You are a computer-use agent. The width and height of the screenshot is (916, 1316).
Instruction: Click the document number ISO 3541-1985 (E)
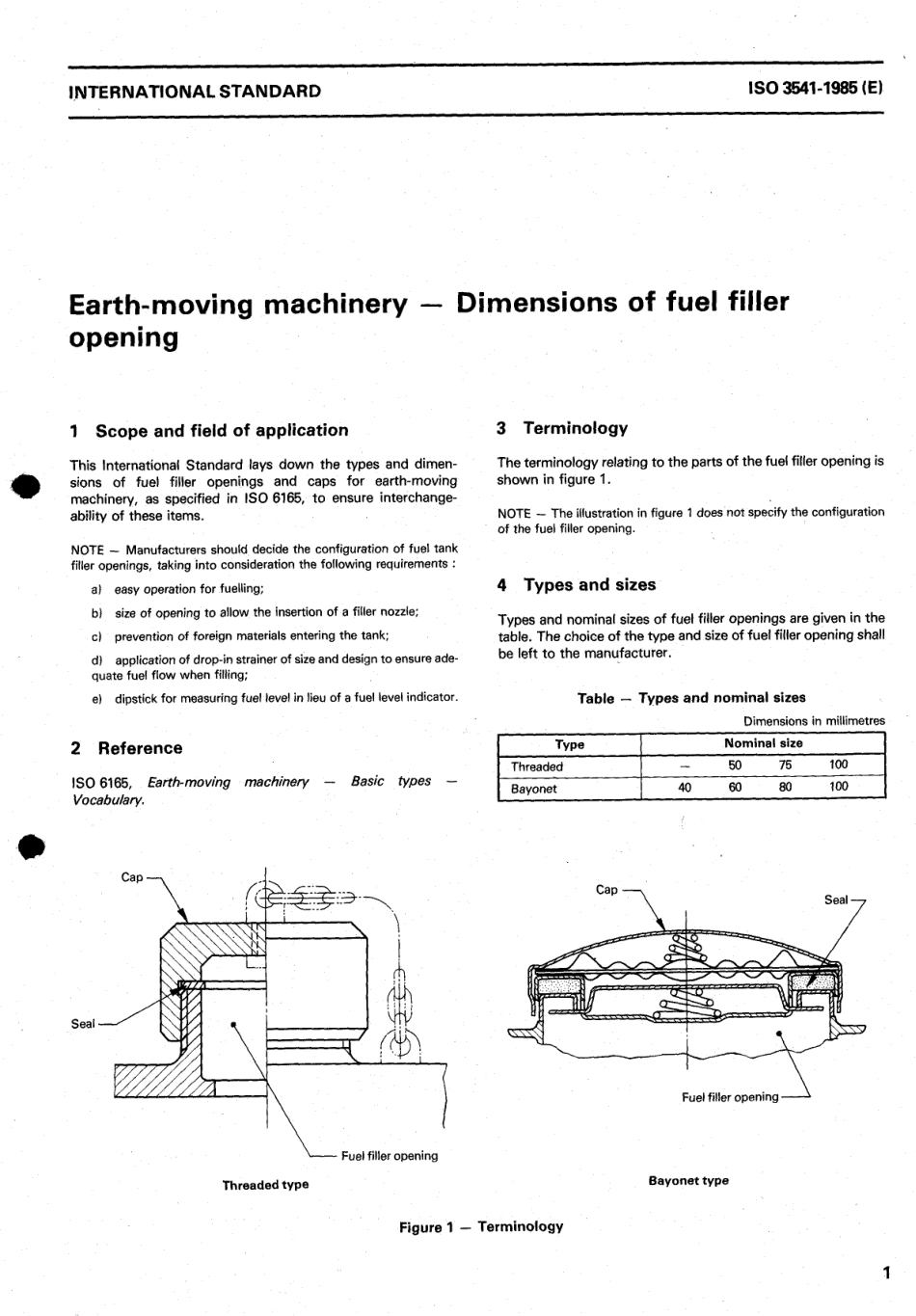pyautogui.click(x=814, y=90)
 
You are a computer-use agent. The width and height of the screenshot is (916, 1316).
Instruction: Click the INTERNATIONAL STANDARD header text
pyautogui.click(x=196, y=92)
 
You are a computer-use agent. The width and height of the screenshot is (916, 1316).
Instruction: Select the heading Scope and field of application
pyautogui.click(x=221, y=431)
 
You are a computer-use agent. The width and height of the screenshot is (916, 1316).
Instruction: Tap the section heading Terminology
pyautogui.click(x=575, y=428)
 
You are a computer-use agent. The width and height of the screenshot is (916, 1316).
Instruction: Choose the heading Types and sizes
pyautogui.click(x=588, y=585)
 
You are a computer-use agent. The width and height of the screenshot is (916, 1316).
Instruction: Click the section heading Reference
pyautogui.click(x=139, y=748)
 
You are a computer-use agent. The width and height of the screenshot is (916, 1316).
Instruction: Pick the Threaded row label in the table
pyautogui.click(x=537, y=766)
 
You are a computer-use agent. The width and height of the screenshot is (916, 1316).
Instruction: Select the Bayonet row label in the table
pyautogui.click(x=534, y=789)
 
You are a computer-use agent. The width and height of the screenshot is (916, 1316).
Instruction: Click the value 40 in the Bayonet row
pyautogui.click(x=685, y=787)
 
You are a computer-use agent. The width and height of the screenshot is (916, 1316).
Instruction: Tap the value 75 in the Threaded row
pyautogui.click(x=785, y=765)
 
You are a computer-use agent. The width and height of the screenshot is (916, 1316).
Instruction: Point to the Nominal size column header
pyautogui.click(x=763, y=743)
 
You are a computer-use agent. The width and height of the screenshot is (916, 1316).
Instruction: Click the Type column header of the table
pyautogui.click(x=570, y=744)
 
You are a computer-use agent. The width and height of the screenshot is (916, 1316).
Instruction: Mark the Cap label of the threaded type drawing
pyautogui.click(x=132, y=876)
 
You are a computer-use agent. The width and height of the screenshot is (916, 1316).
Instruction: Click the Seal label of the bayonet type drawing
pyautogui.click(x=836, y=900)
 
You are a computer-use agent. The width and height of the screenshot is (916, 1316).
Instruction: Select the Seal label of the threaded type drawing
pyautogui.click(x=83, y=1024)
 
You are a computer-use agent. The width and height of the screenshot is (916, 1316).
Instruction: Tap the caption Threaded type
pyautogui.click(x=265, y=1185)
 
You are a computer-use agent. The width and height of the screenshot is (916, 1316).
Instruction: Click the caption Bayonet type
pyautogui.click(x=688, y=1180)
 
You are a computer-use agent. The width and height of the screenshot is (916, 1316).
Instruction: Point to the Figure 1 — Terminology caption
pyautogui.click(x=481, y=1226)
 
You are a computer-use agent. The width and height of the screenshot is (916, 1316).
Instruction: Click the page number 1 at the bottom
pyautogui.click(x=886, y=1273)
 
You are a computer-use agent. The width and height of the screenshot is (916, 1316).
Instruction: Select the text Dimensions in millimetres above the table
pyautogui.click(x=814, y=721)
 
